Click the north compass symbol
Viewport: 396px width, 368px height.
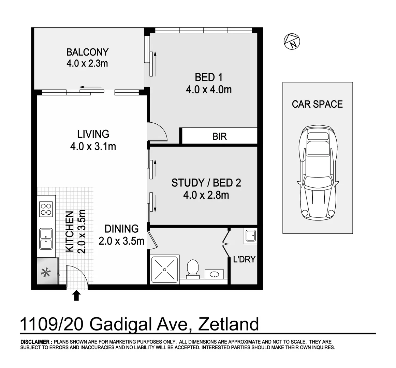click(x=292, y=41)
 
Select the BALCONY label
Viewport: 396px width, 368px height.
click(x=87, y=52)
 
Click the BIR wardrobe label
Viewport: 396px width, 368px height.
click(x=219, y=136)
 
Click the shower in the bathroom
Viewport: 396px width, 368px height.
click(x=165, y=269)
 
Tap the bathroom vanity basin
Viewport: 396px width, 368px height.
click(x=214, y=274)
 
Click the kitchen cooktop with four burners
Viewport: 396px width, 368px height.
click(x=46, y=209)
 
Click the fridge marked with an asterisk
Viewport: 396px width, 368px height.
click(x=44, y=273)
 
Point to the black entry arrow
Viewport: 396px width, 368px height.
click(x=76, y=295)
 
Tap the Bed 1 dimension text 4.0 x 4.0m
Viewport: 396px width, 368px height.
click(x=209, y=90)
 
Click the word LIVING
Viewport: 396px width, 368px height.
click(x=93, y=134)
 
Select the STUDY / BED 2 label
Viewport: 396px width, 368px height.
click(x=206, y=183)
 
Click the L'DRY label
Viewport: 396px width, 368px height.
click(x=244, y=259)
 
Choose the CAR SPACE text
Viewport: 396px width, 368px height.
click(x=317, y=104)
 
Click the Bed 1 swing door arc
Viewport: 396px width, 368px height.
click(x=160, y=131)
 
